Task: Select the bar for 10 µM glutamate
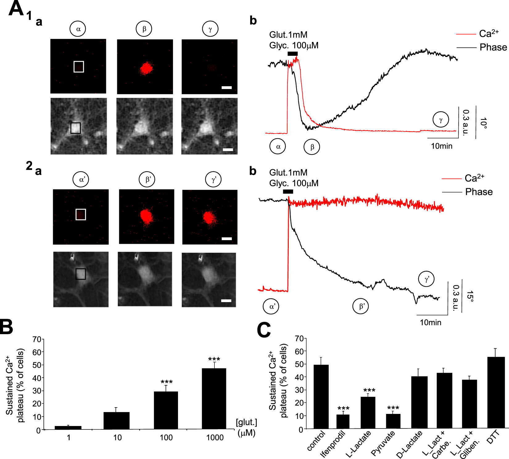(116, 420)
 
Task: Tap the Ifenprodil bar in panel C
(343, 421)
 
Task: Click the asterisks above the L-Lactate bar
(369, 390)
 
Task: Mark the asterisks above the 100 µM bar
(167, 382)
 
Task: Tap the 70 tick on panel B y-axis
(37, 339)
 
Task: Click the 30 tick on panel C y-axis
(299, 390)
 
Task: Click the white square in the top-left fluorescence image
(79, 67)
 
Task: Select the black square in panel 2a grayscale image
(81, 274)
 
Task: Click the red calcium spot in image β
(146, 68)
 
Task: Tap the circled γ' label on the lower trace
(426, 279)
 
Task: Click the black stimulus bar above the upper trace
(292, 54)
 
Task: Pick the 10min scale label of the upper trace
(441, 146)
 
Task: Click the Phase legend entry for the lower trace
(478, 192)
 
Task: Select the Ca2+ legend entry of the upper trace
(489, 34)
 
